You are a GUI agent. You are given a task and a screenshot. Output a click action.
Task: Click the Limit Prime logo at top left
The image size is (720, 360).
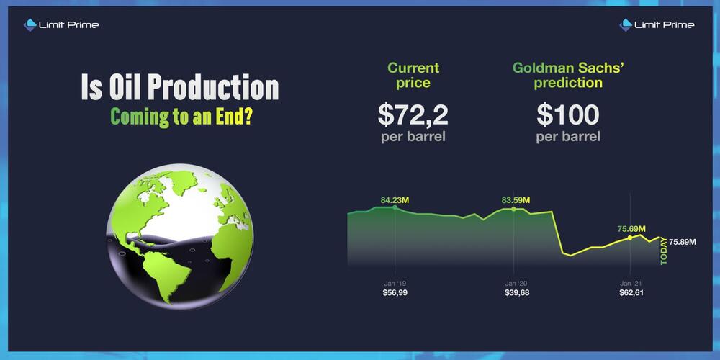(61, 24)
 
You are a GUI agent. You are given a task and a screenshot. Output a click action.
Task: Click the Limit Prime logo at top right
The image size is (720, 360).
(657, 24)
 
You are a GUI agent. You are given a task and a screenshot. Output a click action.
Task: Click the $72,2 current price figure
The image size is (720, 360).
(413, 115)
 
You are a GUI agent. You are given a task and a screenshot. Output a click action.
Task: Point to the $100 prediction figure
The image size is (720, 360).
(568, 115)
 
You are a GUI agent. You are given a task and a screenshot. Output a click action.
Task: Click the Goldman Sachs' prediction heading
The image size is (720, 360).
(570, 76)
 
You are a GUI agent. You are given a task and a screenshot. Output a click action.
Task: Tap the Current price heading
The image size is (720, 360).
(413, 76)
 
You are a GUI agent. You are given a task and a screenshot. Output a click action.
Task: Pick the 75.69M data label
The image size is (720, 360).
(631, 229)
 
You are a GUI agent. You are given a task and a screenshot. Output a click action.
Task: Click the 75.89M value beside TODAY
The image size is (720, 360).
(683, 242)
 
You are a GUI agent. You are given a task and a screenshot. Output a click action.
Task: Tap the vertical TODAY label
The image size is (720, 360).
(664, 251)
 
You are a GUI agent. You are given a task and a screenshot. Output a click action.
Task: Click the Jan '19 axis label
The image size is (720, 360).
(395, 283)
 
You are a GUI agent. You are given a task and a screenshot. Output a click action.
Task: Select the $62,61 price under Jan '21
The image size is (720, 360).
(631, 292)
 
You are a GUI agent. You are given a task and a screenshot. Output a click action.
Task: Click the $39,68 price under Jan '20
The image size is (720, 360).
(516, 292)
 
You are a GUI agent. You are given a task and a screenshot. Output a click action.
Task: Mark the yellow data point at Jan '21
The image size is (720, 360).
(630, 238)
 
